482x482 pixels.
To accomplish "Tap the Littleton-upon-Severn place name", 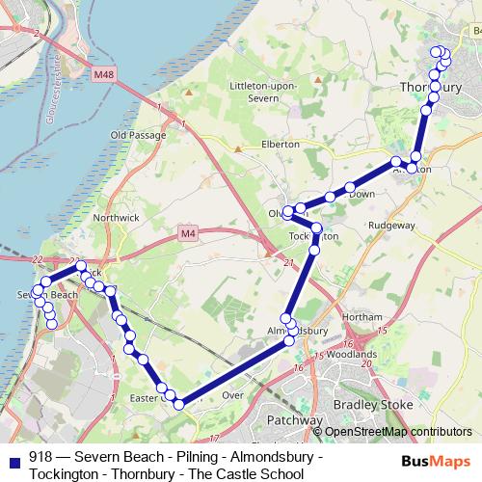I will point(263,93).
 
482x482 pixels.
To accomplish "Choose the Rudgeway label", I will point(391,226).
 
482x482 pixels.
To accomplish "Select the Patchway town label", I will point(296,421).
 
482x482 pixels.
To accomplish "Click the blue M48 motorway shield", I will point(104,74).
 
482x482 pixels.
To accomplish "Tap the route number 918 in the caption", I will point(40,458).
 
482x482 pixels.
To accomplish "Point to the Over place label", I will point(232,395).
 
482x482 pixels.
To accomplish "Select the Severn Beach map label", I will point(46,294).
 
